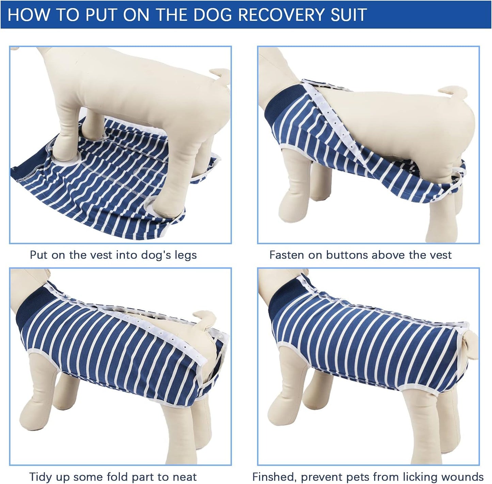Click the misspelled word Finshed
pyautogui.click(x=274, y=477)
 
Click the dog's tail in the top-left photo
pyautogui.click(x=220, y=74)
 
